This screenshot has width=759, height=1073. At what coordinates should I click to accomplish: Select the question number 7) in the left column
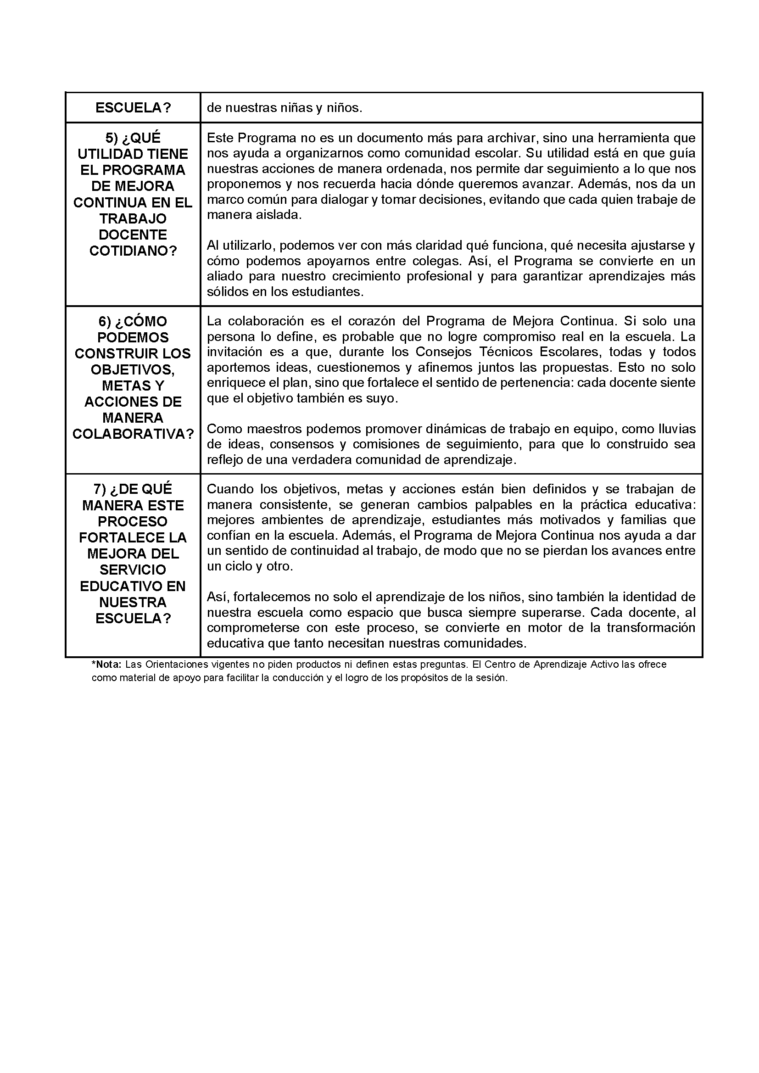[x=100, y=489]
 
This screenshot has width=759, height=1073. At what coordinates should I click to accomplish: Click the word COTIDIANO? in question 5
[x=133, y=251]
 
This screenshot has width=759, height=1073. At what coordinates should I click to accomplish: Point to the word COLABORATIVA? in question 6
[x=133, y=434]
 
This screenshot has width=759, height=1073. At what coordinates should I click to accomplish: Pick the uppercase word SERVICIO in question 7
[x=133, y=570]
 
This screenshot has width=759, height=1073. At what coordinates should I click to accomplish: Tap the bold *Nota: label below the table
[x=106, y=664]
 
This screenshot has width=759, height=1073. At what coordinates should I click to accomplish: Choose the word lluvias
[x=677, y=429]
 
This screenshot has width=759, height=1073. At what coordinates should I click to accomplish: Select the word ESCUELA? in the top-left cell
[x=133, y=108]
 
